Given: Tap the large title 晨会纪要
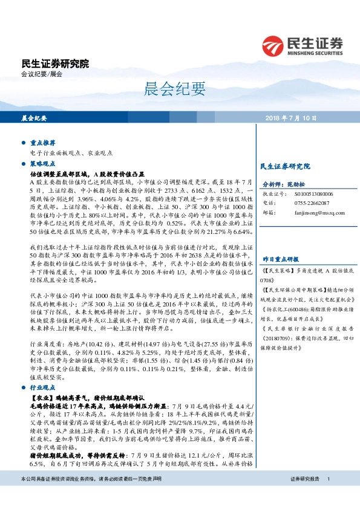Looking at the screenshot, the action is (167, 89).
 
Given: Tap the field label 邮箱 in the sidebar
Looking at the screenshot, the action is (267, 213).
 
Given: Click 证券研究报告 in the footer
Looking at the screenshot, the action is (304, 495).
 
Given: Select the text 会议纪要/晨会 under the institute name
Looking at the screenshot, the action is (42, 74).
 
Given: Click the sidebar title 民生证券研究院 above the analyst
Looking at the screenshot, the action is (284, 165).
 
